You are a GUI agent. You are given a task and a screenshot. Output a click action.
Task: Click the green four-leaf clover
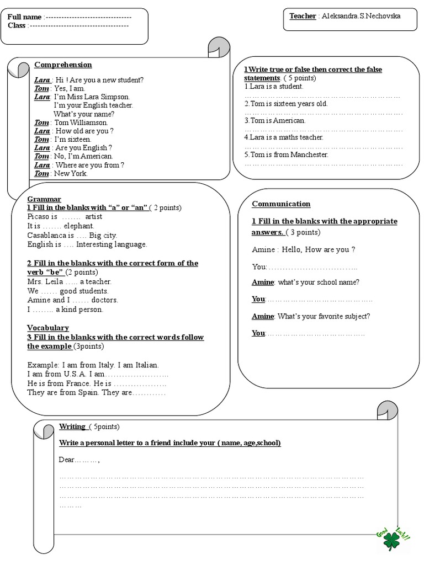pos(392,540)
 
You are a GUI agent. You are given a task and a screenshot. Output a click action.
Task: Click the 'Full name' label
pos(24,18)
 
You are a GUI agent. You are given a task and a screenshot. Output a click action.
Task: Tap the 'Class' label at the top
pos(17,26)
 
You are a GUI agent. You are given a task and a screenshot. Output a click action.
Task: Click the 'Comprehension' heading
pos(63,65)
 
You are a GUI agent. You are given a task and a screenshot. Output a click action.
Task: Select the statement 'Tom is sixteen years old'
pos(286,104)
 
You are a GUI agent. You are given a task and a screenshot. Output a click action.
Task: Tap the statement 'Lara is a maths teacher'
pos(284,137)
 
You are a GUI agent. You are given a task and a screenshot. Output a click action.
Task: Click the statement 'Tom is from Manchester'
pos(286,155)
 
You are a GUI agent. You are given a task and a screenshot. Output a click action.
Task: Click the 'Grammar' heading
pos(44,199)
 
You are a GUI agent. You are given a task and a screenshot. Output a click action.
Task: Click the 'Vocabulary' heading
pos(48,328)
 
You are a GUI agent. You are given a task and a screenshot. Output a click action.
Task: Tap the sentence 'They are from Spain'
pos(63,393)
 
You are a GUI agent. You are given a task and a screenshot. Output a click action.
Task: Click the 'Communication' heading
pos(281,204)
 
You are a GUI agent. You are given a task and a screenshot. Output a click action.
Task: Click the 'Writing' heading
pos(72,427)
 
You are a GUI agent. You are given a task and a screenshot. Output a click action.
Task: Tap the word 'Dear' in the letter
pos(66,460)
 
